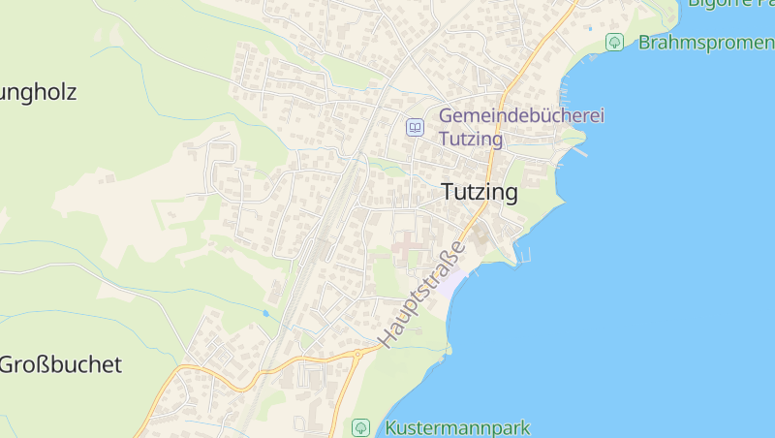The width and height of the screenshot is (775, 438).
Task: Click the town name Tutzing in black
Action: pyautogui.click(x=480, y=192)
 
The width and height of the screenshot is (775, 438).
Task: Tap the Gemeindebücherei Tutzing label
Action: pyautogui.click(x=521, y=127)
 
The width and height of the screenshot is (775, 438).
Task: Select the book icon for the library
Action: pyautogui.click(x=415, y=127)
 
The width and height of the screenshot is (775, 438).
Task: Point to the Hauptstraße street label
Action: pyautogui.click(x=422, y=295)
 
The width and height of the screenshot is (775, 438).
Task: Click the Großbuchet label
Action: pyautogui.click(x=61, y=365)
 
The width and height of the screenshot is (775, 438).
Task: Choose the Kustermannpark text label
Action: pyautogui.click(x=457, y=427)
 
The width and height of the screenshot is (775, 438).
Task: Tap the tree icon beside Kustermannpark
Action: pyautogui.click(x=361, y=427)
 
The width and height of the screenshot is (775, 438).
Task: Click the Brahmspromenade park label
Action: pyautogui.click(x=705, y=43)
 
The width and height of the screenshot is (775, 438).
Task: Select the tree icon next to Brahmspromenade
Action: pyautogui.click(x=614, y=43)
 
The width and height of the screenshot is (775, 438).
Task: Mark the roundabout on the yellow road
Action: pyautogui.click(x=357, y=355)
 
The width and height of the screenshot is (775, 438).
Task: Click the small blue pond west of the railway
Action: pyautogui.click(x=265, y=314)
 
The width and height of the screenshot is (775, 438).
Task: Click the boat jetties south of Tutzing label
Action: pyautogui.click(x=526, y=256)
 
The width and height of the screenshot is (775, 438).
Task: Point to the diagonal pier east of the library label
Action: pyautogui.click(x=579, y=150)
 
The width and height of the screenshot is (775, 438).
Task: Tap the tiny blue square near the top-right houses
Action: pyautogui.click(x=589, y=28)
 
